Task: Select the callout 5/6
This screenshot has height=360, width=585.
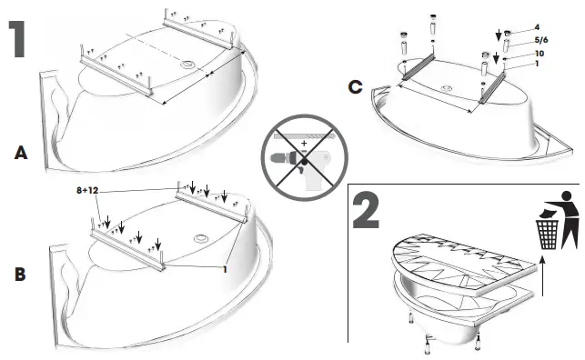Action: tap(541, 41)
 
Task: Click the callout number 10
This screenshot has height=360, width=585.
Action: tap(540, 55)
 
